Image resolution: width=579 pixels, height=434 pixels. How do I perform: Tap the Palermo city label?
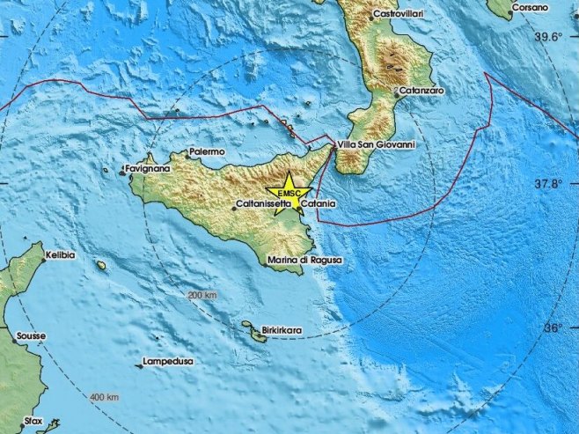(207, 152)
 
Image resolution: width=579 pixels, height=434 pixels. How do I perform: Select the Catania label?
(315, 204)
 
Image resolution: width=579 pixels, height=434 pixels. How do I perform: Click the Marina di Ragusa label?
(304, 261)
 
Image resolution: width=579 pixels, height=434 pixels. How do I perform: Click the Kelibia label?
(61, 255)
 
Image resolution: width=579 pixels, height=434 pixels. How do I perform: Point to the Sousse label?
(30, 336)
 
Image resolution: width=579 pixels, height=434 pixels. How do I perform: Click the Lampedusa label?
(169, 362)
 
